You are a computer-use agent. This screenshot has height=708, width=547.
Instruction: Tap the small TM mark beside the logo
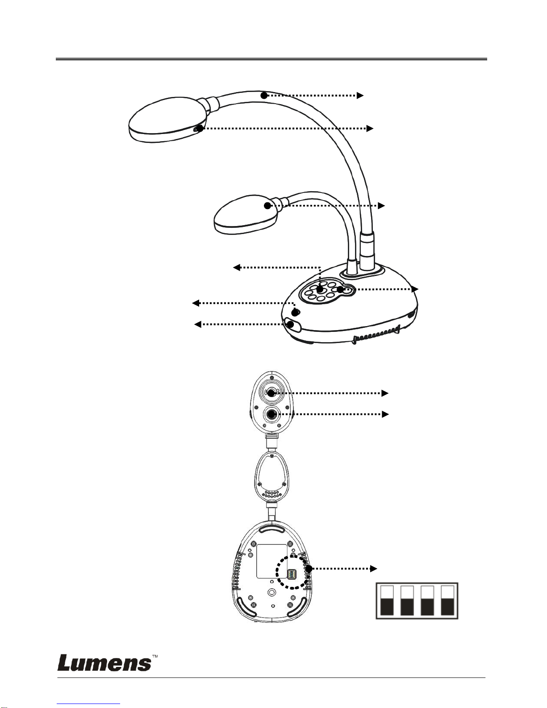pos(155,656)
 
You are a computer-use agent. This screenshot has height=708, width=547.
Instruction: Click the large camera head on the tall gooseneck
pos(167,120)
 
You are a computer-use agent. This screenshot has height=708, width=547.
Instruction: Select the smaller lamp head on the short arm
pos(241,213)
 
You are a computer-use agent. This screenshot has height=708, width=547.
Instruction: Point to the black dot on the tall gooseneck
pos(264,95)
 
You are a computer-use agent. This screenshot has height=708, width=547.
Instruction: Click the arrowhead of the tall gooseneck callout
pos(360,95)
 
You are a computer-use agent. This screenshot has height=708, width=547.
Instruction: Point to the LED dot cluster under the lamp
pos(271,494)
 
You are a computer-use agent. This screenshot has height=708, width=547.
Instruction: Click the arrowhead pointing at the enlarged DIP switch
pos(374,569)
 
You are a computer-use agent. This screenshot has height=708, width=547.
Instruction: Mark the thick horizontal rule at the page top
pos(271,59)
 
